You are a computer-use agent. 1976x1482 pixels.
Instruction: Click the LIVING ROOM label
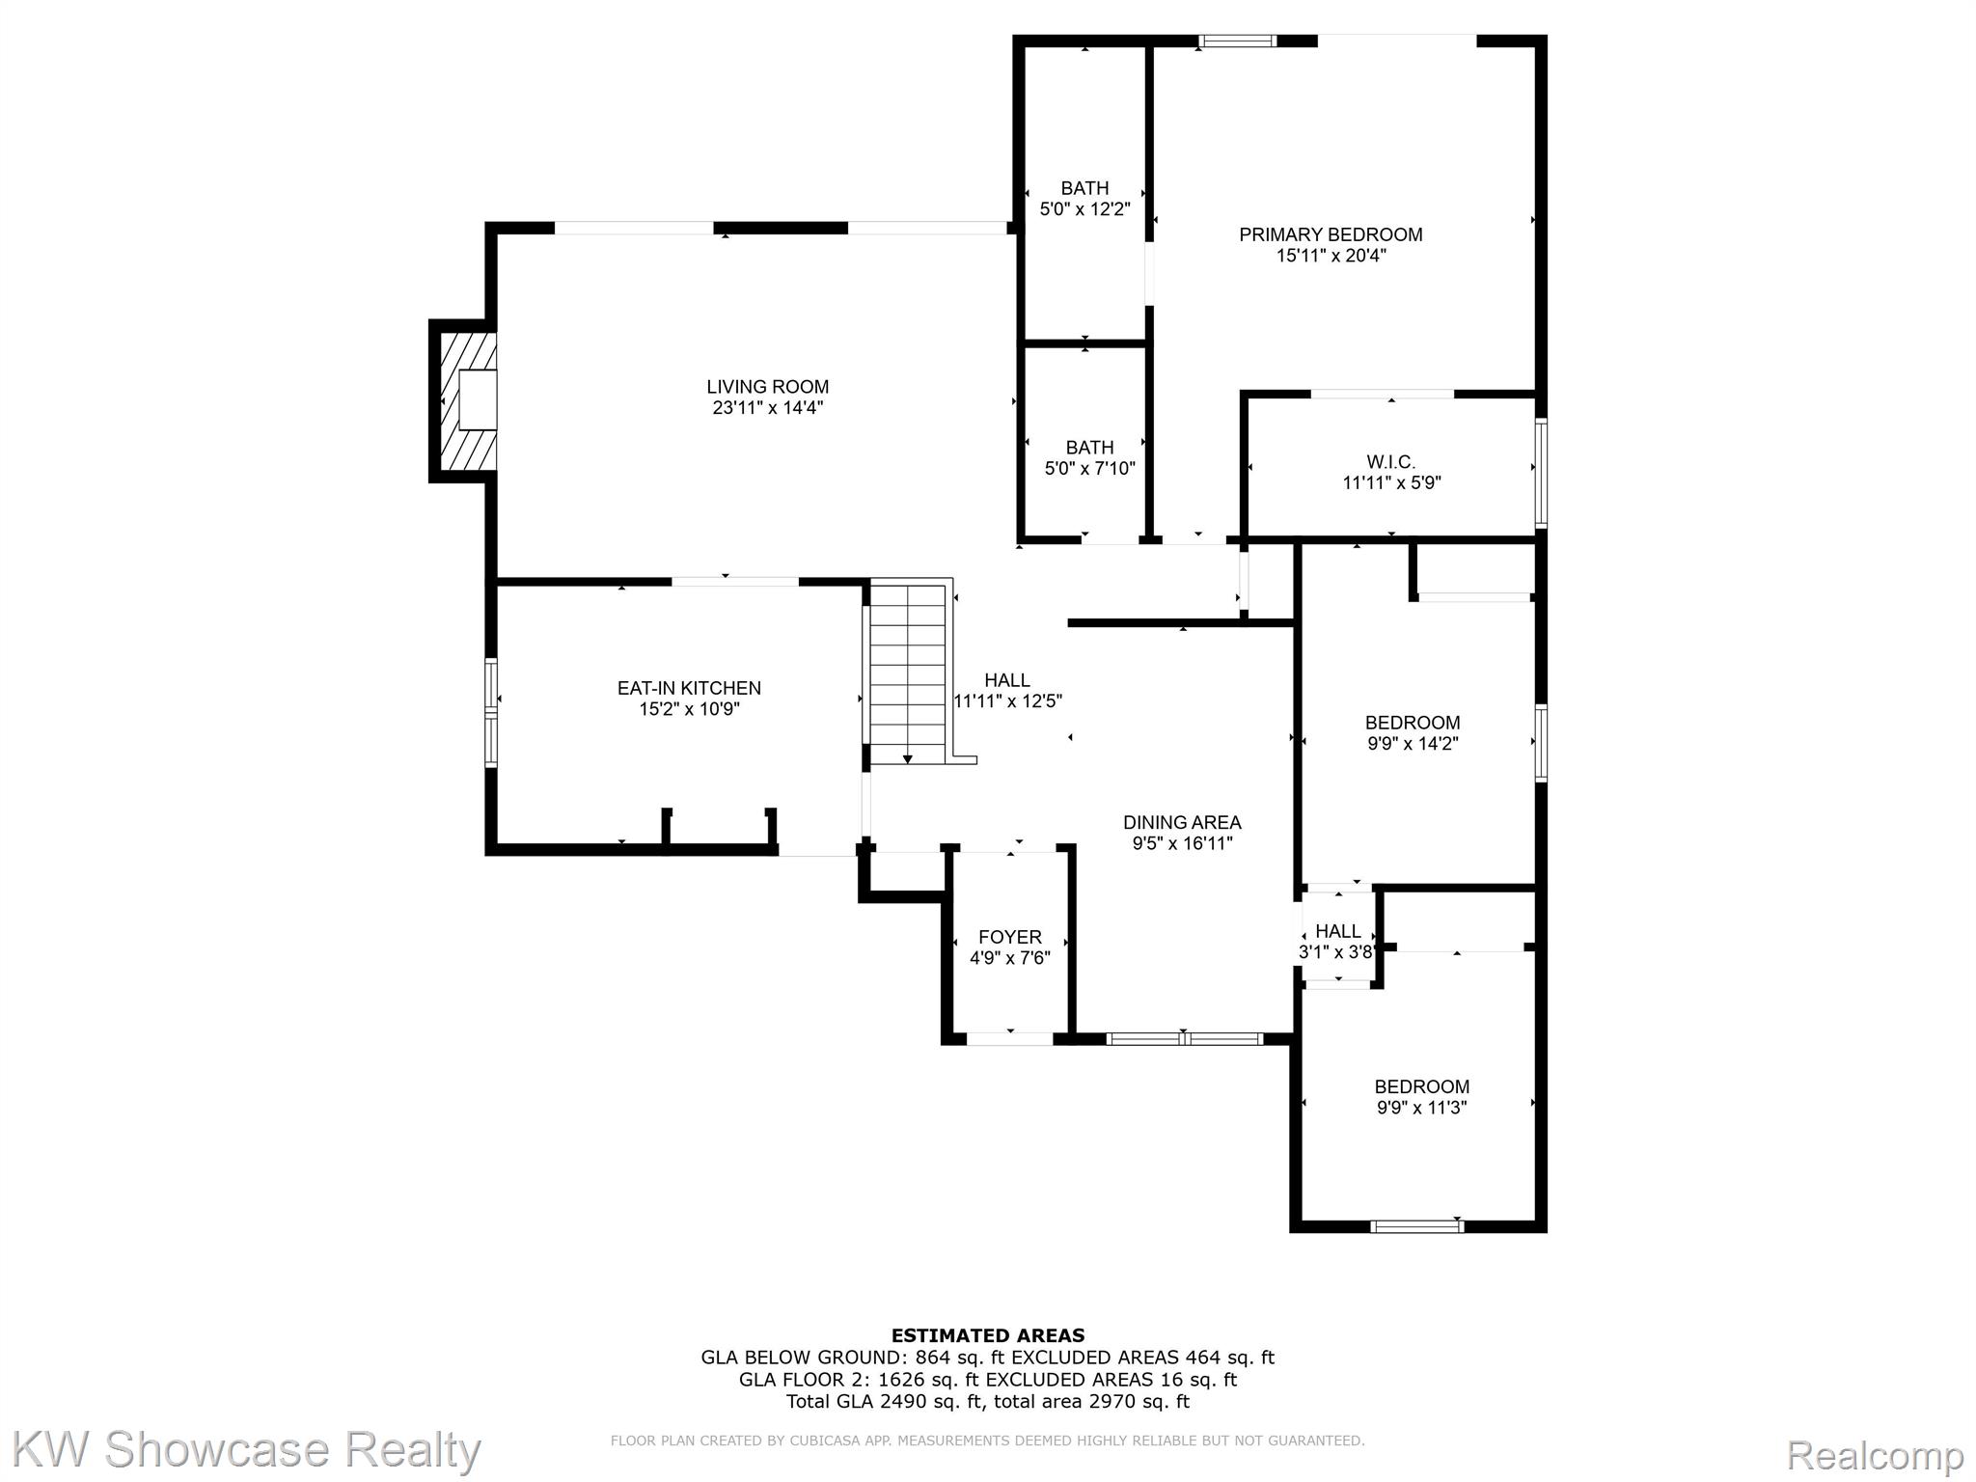767,387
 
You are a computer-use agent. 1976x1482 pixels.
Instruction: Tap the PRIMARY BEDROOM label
1331,234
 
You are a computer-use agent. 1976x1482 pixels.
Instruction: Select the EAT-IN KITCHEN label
689,688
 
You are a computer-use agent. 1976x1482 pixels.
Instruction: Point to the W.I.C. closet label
1390,462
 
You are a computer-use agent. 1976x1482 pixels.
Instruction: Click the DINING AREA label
1182,822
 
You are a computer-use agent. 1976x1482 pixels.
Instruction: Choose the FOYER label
1009,937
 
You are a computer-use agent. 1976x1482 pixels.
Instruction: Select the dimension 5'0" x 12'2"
1084,208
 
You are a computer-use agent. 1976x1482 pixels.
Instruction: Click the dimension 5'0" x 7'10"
1089,469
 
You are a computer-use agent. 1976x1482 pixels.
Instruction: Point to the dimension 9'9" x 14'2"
1413,744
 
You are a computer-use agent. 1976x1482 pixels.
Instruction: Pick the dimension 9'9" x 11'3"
1421,1108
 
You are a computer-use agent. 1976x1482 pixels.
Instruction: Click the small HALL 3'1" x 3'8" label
1337,931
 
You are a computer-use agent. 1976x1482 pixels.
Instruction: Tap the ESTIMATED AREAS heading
987,1335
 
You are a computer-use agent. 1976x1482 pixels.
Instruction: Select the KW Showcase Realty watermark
246,1450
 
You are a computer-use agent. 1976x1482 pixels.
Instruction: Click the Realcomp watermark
1874,1454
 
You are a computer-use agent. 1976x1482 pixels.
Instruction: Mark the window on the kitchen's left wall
491,712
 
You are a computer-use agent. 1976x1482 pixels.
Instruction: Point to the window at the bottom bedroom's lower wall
1416,1226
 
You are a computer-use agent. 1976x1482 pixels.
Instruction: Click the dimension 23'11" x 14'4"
767,408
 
